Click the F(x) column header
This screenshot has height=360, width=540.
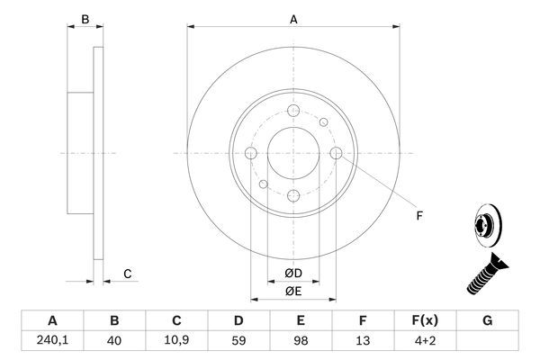tap(424, 320)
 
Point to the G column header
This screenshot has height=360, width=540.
tap(487, 320)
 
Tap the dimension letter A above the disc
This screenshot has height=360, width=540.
tap(293, 18)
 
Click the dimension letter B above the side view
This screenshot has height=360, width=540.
tap(85, 18)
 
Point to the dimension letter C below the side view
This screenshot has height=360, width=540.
tap(128, 274)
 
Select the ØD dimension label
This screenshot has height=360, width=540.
tap(293, 274)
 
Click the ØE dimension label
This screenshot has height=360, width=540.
tap(293, 292)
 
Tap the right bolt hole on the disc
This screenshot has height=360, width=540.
tap(337, 153)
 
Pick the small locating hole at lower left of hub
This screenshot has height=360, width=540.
tap(263, 185)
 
